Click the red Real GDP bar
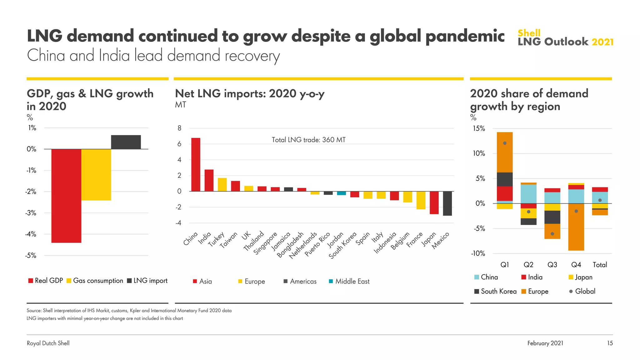[66, 196]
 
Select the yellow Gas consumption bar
[96, 174]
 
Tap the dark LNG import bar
[126, 142]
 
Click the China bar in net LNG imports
[196, 165]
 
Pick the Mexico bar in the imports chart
[447, 203]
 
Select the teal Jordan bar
[341, 193]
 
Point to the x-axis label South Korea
[343, 245]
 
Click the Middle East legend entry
[349, 281]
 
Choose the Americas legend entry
[300, 281]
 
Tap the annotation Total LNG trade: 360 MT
[308, 140]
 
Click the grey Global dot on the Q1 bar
[505, 143]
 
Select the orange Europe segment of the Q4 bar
[576, 227]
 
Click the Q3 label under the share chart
[552, 265]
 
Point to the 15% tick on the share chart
[479, 128]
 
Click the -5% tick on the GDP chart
[31, 255]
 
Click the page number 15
[610, 343]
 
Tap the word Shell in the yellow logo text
[529, 33]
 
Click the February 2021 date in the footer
[545, 343]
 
